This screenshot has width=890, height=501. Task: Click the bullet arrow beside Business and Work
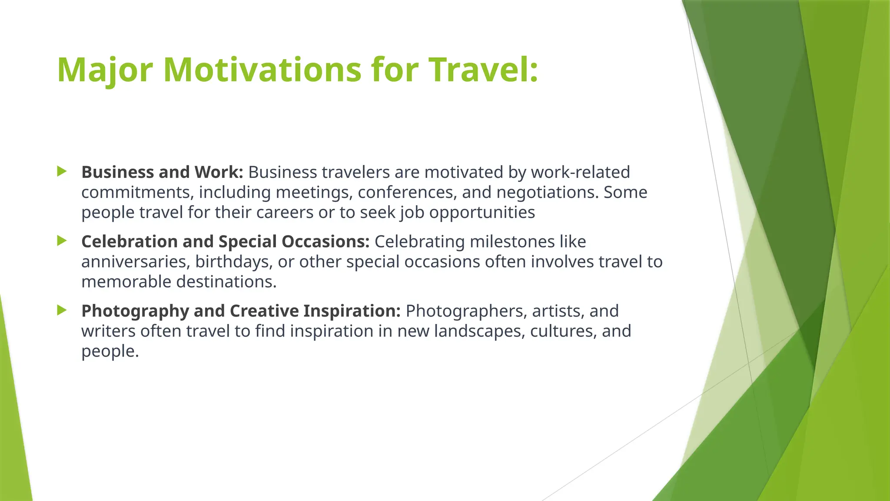62,171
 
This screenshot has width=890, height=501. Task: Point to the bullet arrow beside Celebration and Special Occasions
62,240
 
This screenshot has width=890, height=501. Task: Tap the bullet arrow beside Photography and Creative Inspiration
62,310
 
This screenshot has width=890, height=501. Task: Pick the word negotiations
547,192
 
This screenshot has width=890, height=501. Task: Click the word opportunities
482,213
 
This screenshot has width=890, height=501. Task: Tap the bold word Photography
135,311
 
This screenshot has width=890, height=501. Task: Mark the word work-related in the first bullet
580,172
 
